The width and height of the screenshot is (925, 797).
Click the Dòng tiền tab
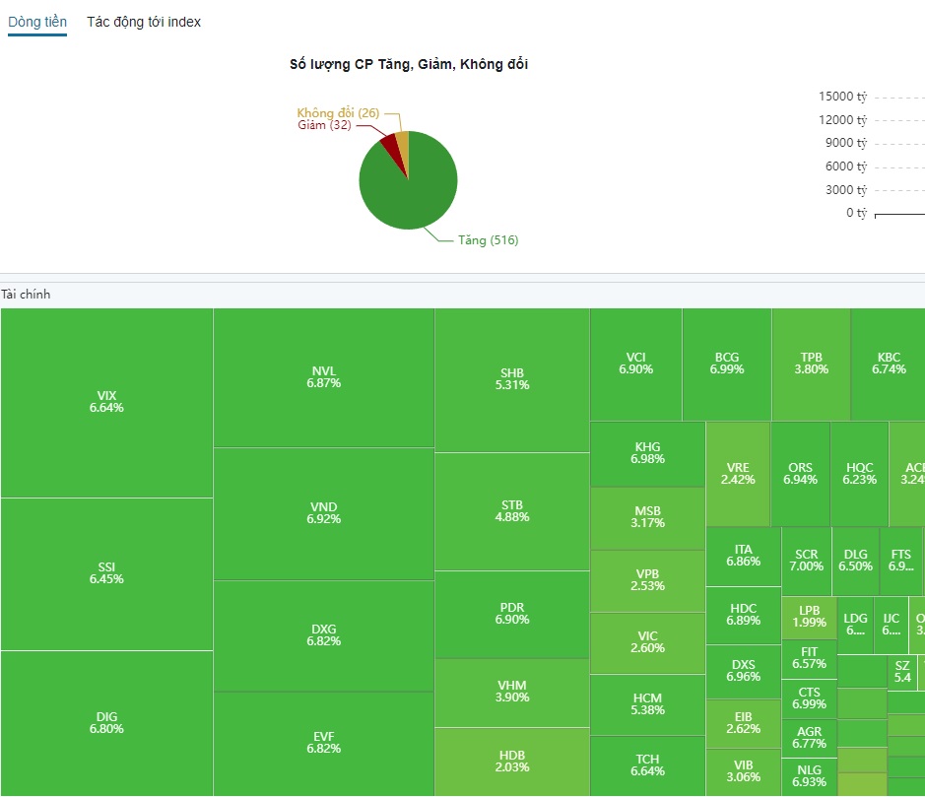coord(37,22)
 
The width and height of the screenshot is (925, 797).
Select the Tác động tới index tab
coord(144,22)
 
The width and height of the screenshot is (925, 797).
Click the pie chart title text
coord(409,64)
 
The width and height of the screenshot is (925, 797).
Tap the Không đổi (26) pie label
coord(338,113)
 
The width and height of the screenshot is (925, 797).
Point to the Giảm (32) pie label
coord(324,125)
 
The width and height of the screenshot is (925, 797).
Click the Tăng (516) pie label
coord(488,240)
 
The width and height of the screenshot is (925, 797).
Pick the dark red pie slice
coord(391,148)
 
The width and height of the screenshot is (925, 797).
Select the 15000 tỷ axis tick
coord(842,97)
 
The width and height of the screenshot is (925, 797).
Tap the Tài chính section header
coord(26,295)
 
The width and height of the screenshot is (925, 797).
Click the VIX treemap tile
coord(106,402)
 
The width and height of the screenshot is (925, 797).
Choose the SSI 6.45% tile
coord(106,573)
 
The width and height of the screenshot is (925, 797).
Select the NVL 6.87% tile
coord(323,377)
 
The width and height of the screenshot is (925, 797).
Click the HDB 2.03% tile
coord(512,762)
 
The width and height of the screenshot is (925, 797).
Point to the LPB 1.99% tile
coord(809,618)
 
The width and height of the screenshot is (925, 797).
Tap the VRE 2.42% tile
coord(738,474)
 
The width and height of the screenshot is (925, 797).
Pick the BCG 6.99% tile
coord(726,364)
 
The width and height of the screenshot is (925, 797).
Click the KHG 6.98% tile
coord(647,453)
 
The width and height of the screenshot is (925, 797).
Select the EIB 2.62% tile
coord(743,723)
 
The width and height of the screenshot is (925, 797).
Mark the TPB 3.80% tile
coord(811,364)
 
